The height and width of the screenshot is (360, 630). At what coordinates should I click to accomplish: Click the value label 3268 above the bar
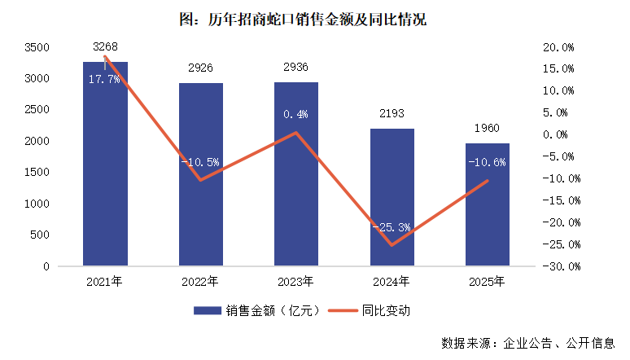click(105, 47)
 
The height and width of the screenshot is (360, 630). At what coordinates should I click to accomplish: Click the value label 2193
click(392, 115)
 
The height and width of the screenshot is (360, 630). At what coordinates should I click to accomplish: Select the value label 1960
click(487, 130)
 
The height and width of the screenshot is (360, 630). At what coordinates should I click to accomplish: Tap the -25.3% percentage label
click(392, 227)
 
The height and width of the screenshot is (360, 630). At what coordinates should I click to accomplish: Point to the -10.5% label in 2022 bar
click(200, 162)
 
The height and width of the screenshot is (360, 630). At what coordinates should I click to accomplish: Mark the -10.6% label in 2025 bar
click(487, 162)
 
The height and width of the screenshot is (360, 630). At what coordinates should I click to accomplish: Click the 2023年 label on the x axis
click(296, 282)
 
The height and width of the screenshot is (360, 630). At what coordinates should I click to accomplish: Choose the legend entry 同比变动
click(374, 310)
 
